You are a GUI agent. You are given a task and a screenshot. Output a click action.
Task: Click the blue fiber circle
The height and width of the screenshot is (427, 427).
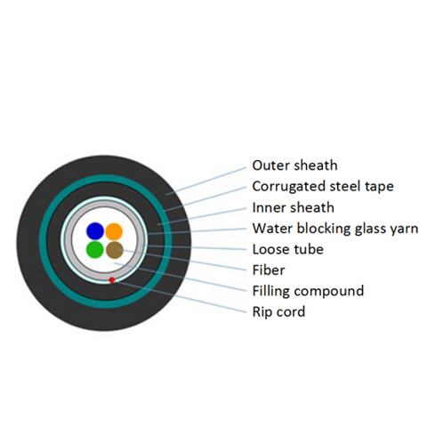pyautogui.click(x=95, y=231)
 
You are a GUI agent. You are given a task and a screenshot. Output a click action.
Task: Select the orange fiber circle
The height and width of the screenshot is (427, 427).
pyautogui.click(x=114, y=231)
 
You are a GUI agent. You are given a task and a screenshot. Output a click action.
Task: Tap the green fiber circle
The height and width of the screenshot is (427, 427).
pyautogui.click(x=95, y=250)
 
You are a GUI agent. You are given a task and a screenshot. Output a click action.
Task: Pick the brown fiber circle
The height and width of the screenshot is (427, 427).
pyautogui.click(x=115, y=250)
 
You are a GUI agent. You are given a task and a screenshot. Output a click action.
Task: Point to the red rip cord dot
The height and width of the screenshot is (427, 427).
pyautogui.click(x=112, y=280)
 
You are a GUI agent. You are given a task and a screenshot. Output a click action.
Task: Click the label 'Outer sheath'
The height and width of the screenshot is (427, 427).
pyautogui.click(x=294, y=165)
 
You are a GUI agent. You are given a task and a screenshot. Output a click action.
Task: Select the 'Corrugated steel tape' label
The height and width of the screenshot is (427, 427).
pyautogui.click(x=323, y=187)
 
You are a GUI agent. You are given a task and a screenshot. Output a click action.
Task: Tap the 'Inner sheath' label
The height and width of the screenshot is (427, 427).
pyautogui.click(x=293, y=207)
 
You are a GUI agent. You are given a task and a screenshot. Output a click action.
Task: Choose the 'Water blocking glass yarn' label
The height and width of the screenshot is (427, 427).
pyautogui.click(x=335, y=229)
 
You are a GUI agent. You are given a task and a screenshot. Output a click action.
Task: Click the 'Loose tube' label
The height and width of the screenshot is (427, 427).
pyautogui.click(x=287, y=249)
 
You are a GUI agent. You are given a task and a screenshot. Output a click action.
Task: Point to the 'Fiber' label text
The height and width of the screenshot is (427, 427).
pyautogui.click(x=269, y=270)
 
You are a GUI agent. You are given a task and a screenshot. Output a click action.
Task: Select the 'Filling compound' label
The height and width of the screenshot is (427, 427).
pyautogui.click(x=308, y=291)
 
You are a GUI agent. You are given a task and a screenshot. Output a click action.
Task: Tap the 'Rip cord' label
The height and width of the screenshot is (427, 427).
pyautogui.click(x=278, y=312)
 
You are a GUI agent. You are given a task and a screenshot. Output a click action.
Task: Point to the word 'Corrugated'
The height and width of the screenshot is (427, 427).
pyautogui.click(x=289, y=187)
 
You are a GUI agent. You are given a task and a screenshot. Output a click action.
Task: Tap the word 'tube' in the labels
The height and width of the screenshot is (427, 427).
pyautogui.click(x=310, y=249)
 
